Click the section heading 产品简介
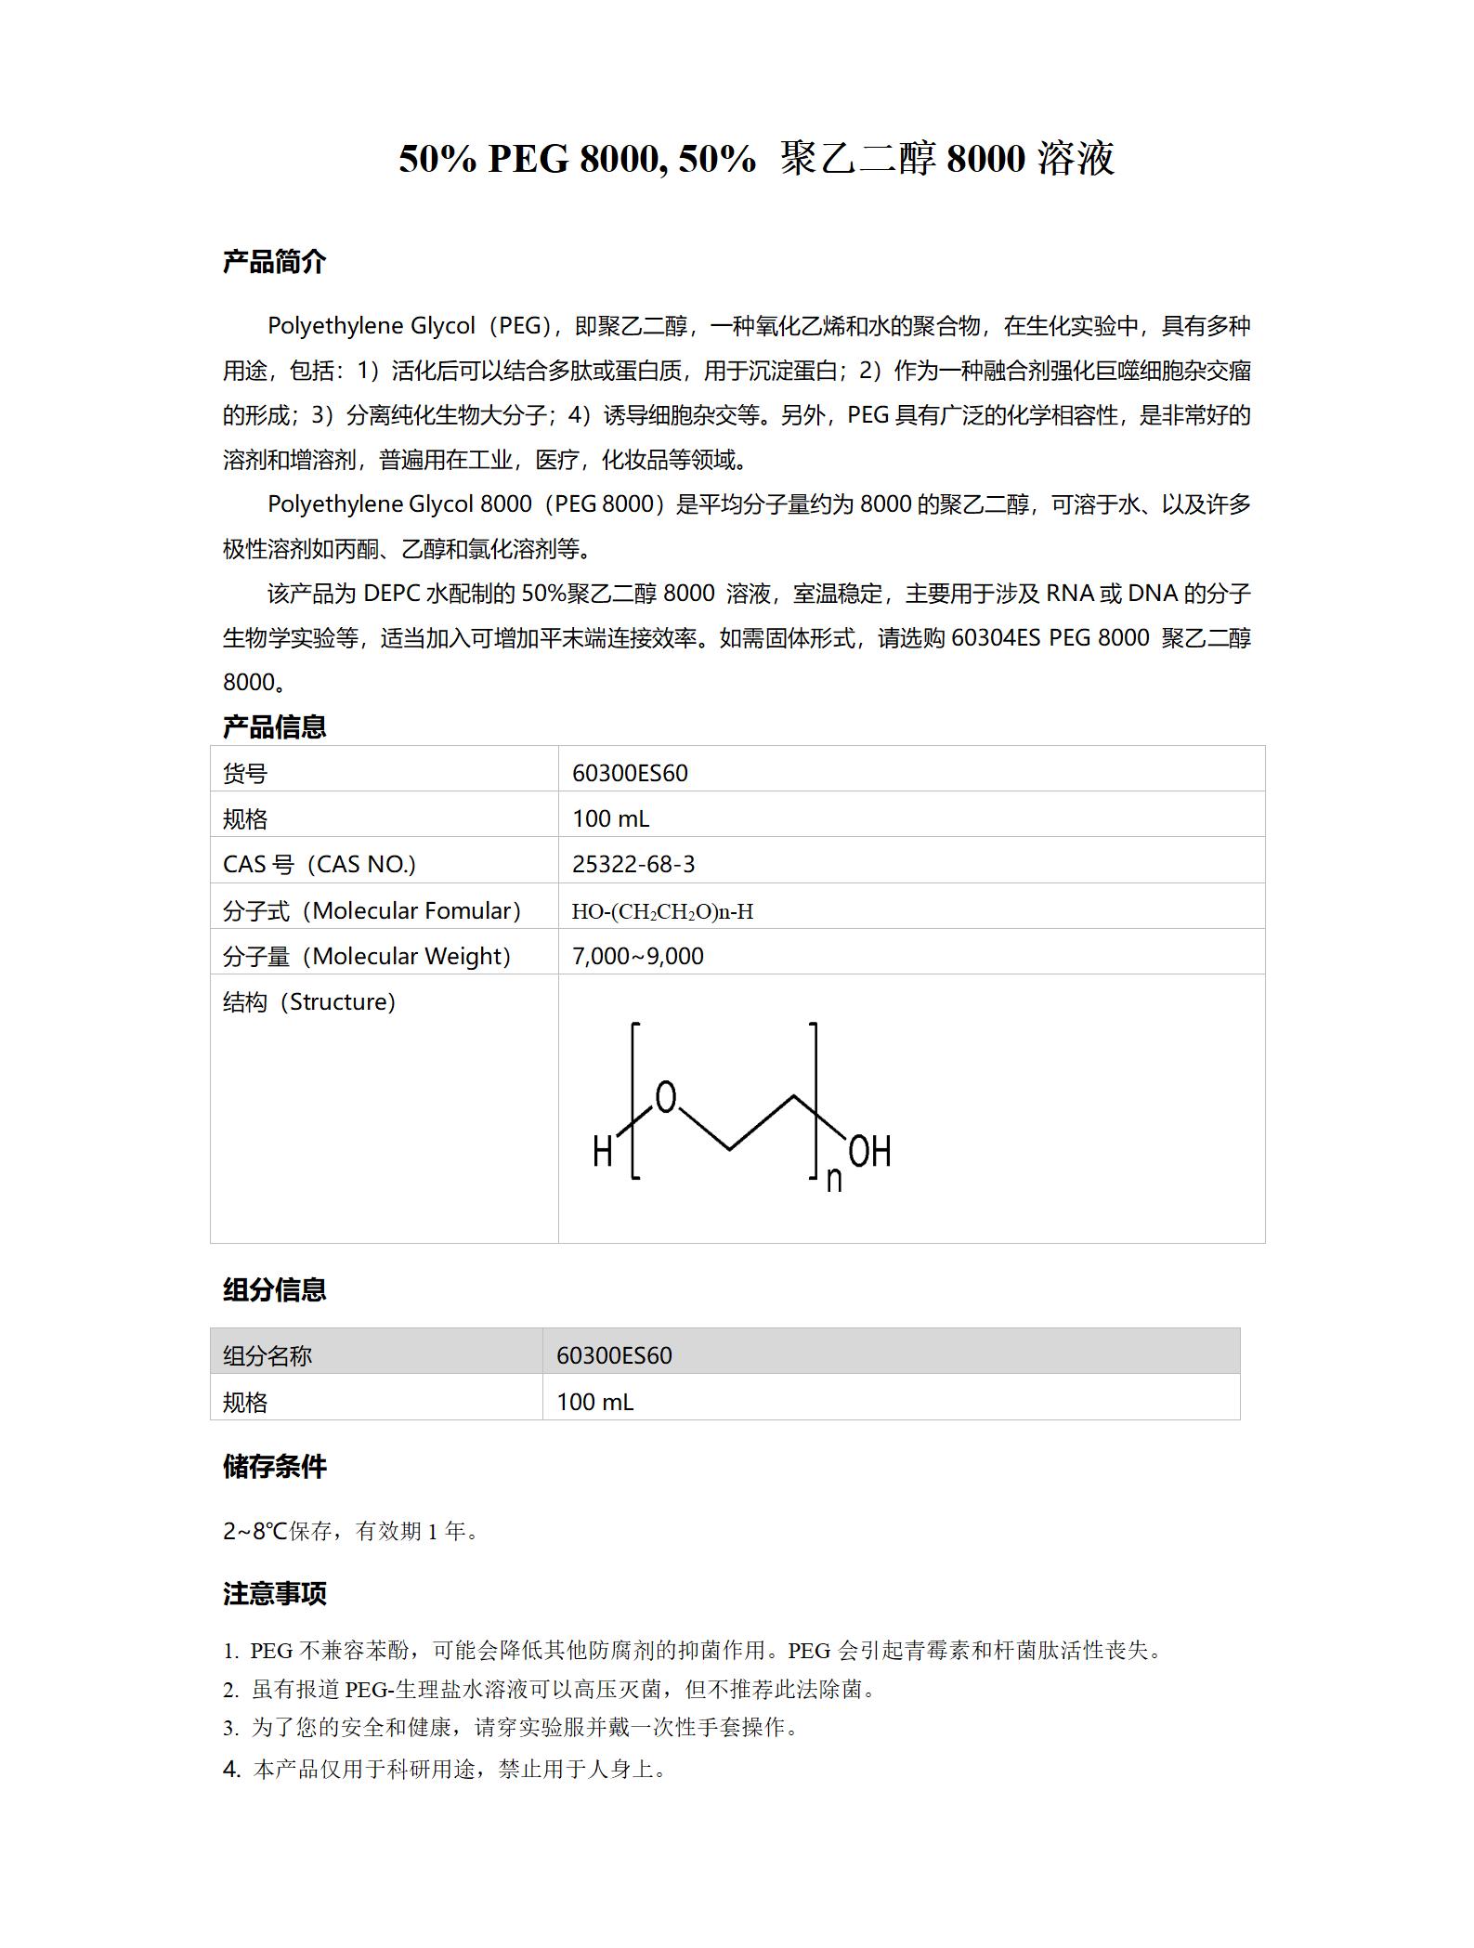pos(274,262)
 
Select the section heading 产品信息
pos(274,726)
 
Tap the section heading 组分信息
pos(274,1289)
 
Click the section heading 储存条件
pos(274,1467)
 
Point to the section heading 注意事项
pos(274,1594)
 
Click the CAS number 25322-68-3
pos(633,864)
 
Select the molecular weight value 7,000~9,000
pos(638,956)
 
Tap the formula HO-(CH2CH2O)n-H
pos(662,911)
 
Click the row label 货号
pos(245,773)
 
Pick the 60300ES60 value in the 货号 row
pos(630,773)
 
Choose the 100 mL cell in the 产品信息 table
pos(610,818)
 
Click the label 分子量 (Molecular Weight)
pos(367,956)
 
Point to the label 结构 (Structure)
pos(309,1001)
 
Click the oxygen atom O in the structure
pos(666,1097)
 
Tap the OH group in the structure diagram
pos(869,1152)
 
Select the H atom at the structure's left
pos(603,1153)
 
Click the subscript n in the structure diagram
pos(834,1180)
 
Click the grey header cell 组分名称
pos(267,1355)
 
